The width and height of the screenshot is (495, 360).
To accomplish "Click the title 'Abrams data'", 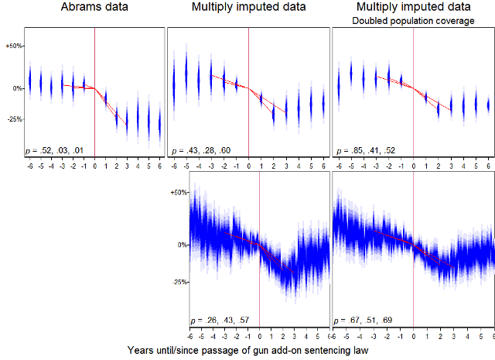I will tap(95, 8).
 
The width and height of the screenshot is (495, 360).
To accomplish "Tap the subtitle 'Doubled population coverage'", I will tap(413, 21).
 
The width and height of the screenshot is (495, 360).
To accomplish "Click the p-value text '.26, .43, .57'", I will tap(219, 319).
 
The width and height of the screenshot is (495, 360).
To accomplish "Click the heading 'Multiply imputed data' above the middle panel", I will tap(249, 8).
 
